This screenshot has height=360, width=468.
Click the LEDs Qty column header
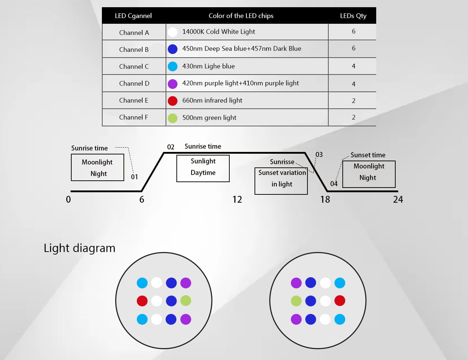click(x=353, y=16)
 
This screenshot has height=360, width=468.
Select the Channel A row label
click(x=134, y=33)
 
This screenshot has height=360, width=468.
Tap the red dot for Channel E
click(x=173, y=101)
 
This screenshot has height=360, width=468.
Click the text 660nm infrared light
click(x=212, y=100)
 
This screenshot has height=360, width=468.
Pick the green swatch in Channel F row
click(x=173, y=118)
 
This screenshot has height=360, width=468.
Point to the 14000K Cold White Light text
click(x=219, y=32)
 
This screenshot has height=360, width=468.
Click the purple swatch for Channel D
click(x=173, y=84)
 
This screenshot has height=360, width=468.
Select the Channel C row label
click(x=134, y=67)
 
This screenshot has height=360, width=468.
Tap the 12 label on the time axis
click(x=237, y=199)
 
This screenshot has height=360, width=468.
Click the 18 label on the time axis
click(x=325, y=199)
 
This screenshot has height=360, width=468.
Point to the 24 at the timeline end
click(x=398, y=199)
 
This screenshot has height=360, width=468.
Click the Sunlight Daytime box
click(x=203, y=168)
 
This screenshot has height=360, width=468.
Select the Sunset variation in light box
click(x=281, y=181)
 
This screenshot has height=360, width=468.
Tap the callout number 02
click(x=171, y=147)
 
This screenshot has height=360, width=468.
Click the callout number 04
click(x=334, y=184)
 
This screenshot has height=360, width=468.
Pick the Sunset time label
click(x=368, y=155)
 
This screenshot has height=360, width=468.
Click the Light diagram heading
click(x=80, y=248)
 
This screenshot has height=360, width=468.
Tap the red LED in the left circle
click(x=142, y=301)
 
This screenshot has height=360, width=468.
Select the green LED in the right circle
click(x=296, y=301)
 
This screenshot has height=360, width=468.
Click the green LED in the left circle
click(x=186, y=301)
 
